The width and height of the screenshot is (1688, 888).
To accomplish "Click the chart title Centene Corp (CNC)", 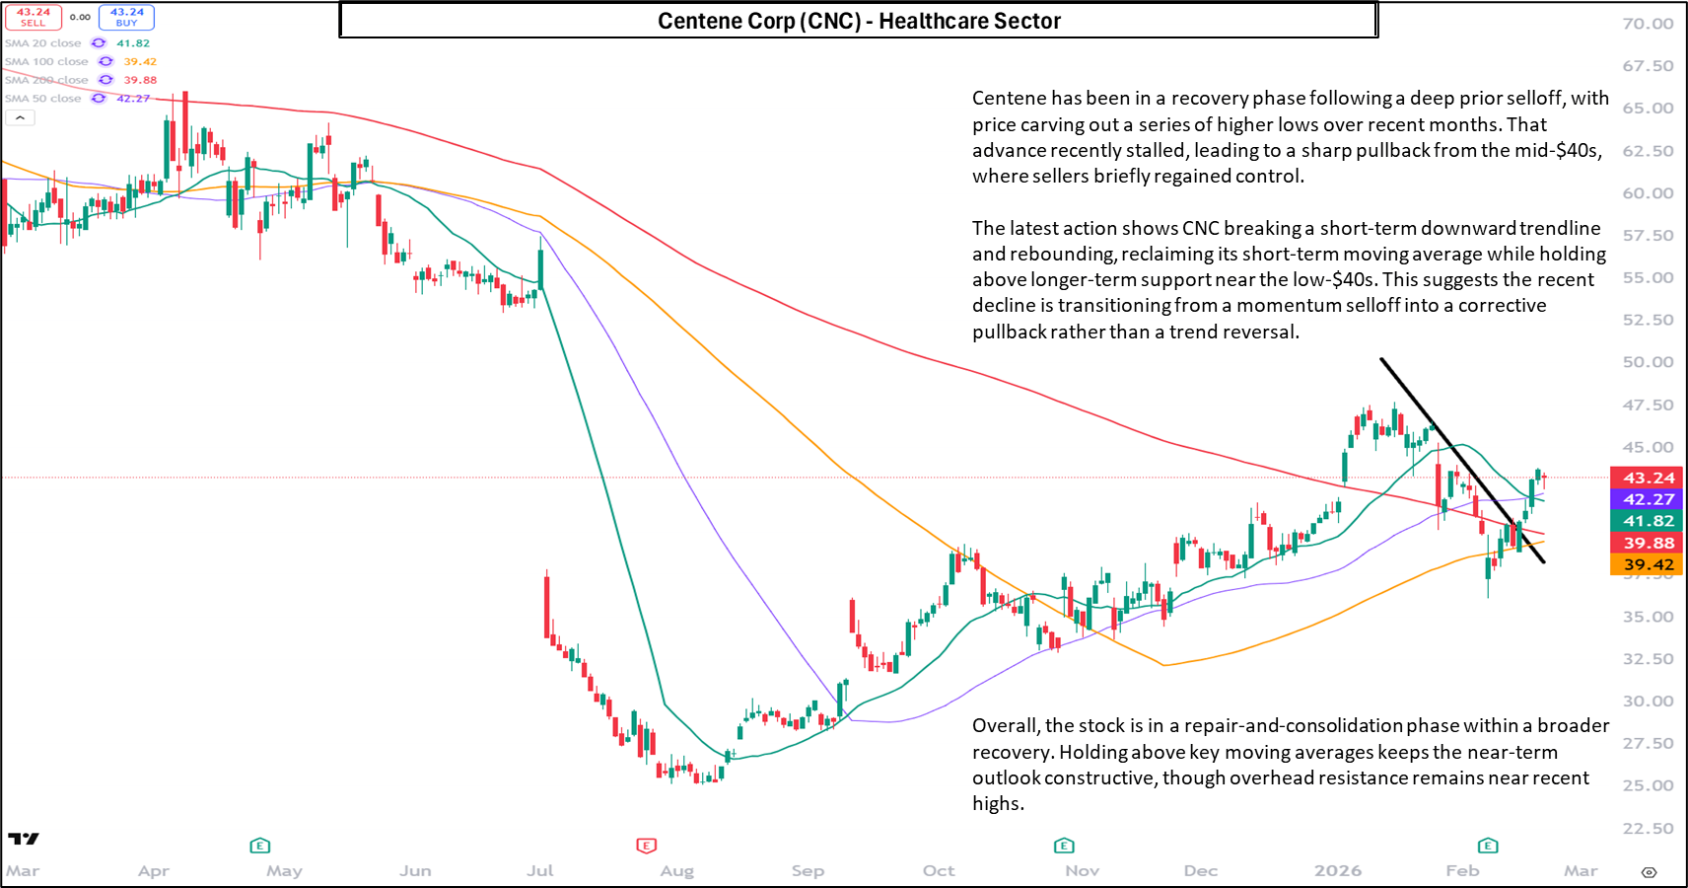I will [x=858, y=21].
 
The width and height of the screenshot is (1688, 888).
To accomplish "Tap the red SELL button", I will [x=34, y=18].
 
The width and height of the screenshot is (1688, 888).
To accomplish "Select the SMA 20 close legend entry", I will [x=43, y=43].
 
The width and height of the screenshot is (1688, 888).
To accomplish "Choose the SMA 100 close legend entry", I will [x=46, y=62].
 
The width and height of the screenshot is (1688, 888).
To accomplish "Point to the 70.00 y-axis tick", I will [x=1648, y=24].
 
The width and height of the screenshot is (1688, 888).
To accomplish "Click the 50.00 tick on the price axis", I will [x=1648, y=362].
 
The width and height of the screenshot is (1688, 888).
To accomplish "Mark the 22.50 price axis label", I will [x=1648, y=829].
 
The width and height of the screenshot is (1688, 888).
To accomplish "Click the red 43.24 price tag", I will [x=1649, y=478].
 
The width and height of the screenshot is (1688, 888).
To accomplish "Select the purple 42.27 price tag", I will [x=1649, y=499].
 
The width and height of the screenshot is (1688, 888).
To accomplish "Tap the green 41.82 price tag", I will [x=1649, y=521].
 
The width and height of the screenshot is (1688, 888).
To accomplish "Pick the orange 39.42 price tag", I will [x=1649, y=564].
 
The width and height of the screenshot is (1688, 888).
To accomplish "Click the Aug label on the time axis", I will [x=676, y=870].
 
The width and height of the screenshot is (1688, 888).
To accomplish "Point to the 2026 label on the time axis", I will [x=1337, y=870].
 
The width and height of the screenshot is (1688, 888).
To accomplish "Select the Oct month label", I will [x=939, y=870].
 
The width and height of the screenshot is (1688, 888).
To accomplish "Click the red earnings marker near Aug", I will [x=646, y=846].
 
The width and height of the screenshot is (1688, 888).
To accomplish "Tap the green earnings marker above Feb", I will [x=1488, y=846].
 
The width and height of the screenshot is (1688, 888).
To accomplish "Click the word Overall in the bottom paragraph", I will [x=1006, y=726].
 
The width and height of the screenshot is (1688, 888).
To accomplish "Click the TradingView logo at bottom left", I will [x=24, y=839].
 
